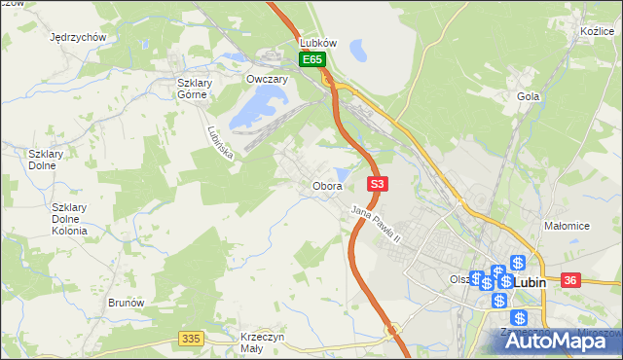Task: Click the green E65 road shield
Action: [x=311, y=60]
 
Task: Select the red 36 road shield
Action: [x=571, y=280]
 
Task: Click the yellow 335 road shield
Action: [x=191, y=338]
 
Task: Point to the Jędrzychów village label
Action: [x=77, y=37]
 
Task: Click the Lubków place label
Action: [x=318, y=44]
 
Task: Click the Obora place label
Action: [x=326, y=186]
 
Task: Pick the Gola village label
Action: [x=529, y=96]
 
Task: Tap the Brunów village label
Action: [x=127, y=303]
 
